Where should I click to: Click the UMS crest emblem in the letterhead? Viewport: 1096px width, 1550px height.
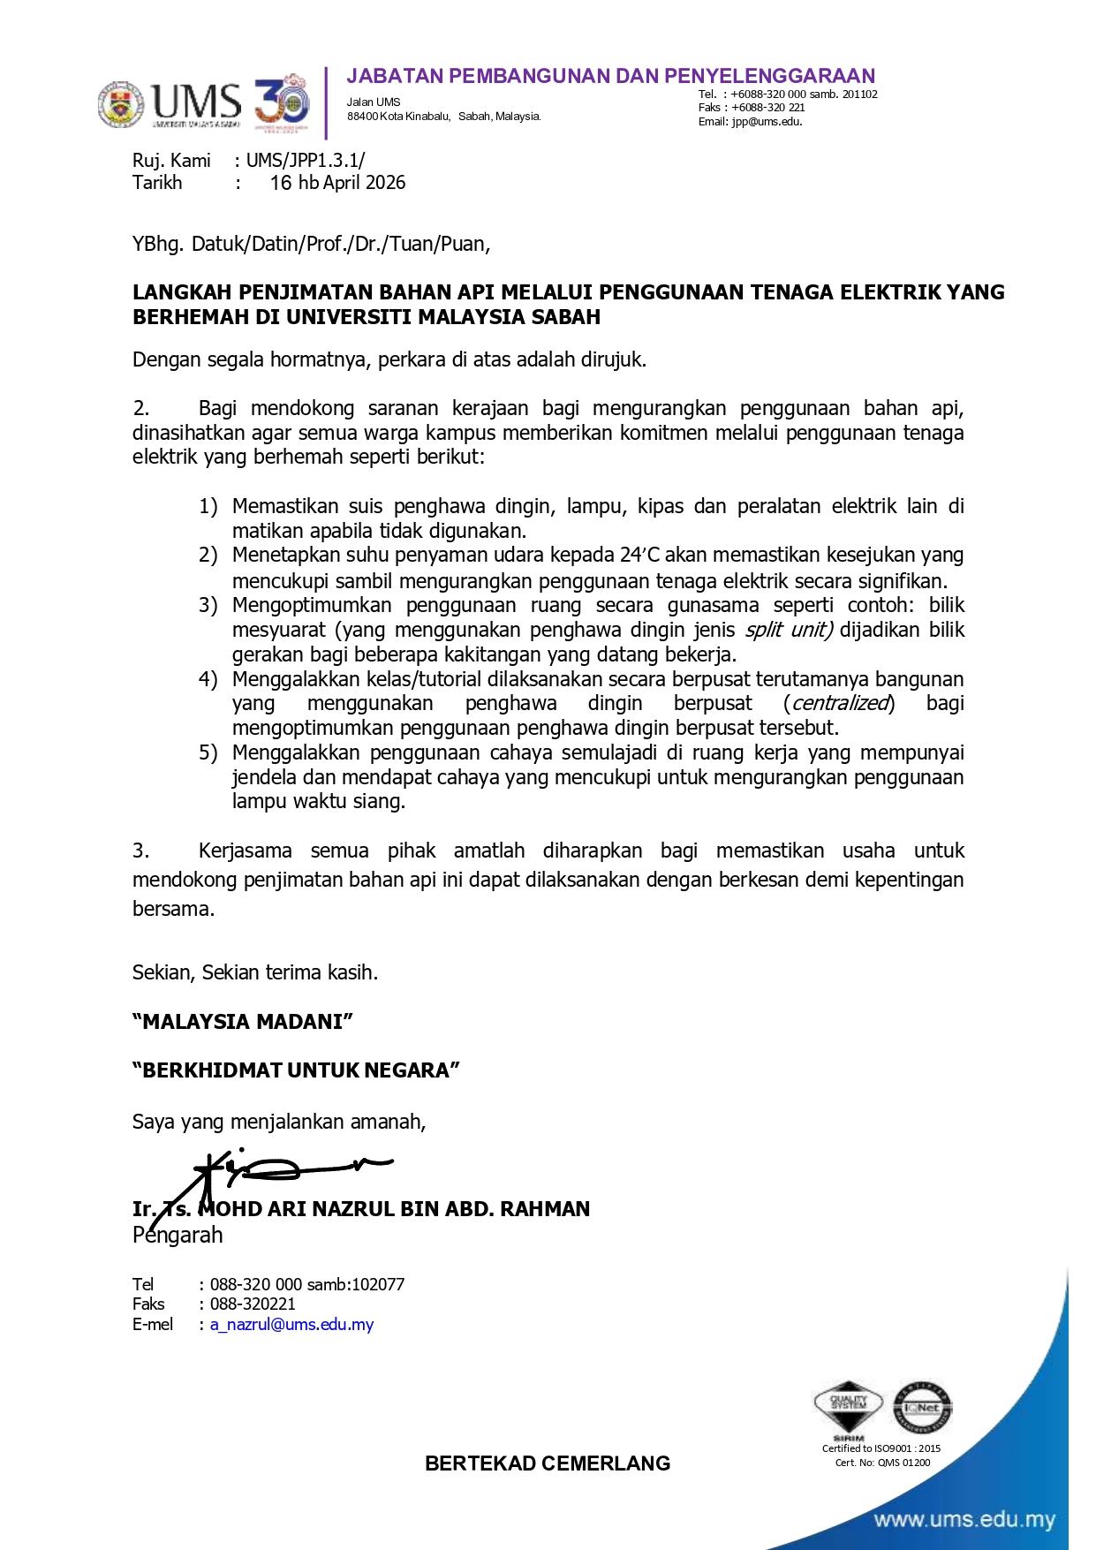coord(121,104)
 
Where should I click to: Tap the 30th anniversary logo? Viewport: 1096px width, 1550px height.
coord(282,103)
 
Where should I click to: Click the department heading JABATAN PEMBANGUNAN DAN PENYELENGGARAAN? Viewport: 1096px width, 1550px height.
coord(610,76)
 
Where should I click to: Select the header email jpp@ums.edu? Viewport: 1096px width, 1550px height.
coord(767,122)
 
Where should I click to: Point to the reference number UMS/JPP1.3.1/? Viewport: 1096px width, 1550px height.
coord(305,161)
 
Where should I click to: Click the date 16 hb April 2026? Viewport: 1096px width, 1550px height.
coord(337,183)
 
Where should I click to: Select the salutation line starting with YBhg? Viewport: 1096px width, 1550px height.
coord(311,244)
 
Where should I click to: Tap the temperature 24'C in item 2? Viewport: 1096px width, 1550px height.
coord(639,556)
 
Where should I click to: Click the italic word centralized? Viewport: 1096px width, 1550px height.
coord(839,704)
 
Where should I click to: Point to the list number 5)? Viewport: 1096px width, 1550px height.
coord(208,752)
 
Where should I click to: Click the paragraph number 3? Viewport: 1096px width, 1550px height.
coord(140,851)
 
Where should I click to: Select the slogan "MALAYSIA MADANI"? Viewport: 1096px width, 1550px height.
coord(243,1022)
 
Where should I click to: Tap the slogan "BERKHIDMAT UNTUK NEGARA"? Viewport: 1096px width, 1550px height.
coord(296,1070)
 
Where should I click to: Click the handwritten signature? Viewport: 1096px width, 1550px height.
coord(274,1173)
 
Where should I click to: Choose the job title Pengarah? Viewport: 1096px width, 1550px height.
coord(178,1235)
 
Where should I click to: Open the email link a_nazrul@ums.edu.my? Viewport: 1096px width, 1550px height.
coord(291,1325)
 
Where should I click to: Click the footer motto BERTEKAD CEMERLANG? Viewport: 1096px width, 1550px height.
coord(548,1463)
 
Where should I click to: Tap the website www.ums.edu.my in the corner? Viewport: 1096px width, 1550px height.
coord(964,1520)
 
